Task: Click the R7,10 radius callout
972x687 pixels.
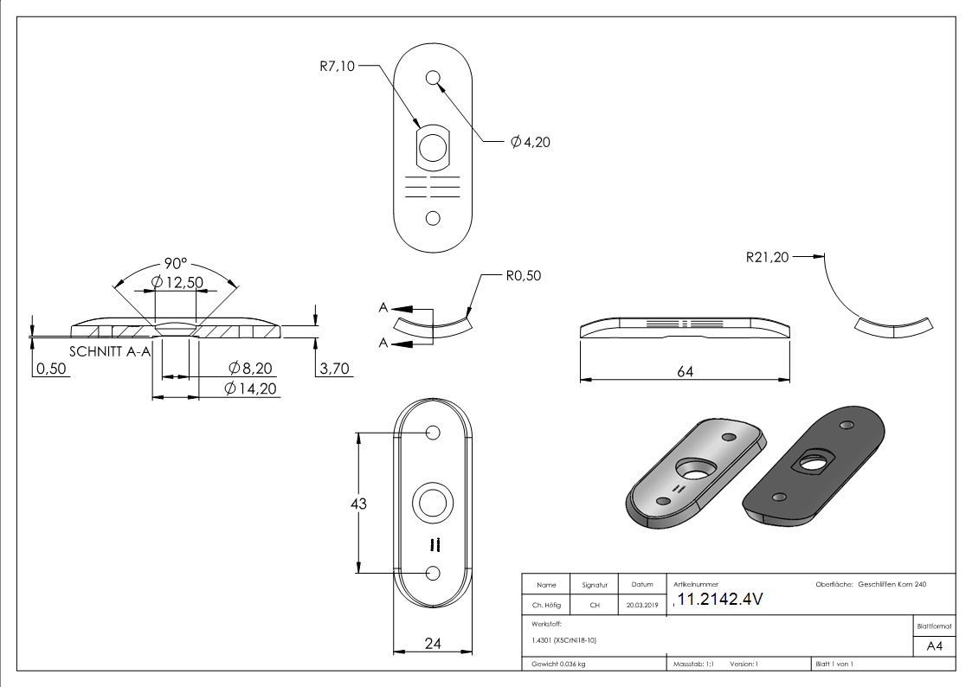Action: click(x=337, y=66)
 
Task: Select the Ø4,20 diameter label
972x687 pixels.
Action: click(x=530, y=142)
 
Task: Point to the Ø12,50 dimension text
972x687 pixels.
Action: click(x=177, y=282)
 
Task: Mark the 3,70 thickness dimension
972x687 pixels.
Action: click(x=335, y=369)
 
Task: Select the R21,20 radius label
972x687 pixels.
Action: click(x=766, y=257)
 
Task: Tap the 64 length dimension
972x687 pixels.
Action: click(x=685, y=370)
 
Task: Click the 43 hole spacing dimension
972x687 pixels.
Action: click(x=357, y=504)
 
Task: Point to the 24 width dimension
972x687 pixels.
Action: click(x=433, y=643)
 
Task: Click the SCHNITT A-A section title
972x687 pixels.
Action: click(x=109, y=351)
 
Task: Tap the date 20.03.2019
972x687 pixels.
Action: click(x=642, y=606)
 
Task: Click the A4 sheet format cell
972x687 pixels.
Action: click(x=934, y=645)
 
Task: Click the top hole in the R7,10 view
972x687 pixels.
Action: click(x=433, y=79)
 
